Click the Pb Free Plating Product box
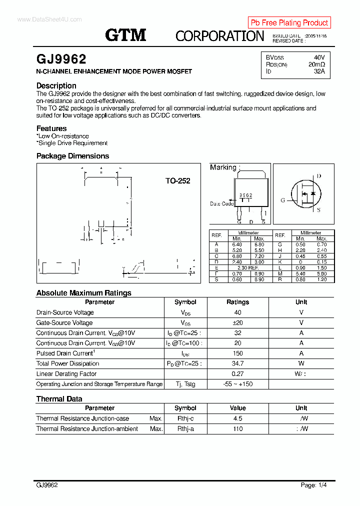(289, 22)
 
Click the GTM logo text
(125, 35)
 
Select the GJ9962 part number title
(61, 59)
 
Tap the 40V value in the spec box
(319, 57)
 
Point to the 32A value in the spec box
(319, 71)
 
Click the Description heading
(56, 85)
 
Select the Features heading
(51, 128)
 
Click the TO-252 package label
(177, 181)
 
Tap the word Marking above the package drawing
(223, 167)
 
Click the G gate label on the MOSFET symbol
(282, 200)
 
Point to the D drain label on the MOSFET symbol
(318, 176)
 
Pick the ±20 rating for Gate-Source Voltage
(237, 322)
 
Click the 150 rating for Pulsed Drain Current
(237, 353)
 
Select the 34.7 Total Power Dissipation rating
(237, 363)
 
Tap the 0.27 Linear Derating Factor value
(237, 374)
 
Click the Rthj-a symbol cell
(185, 429)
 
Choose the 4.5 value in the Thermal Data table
(237, 418)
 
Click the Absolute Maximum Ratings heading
(83, 293)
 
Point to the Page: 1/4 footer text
(314, 485)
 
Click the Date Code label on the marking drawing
(221, 203)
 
